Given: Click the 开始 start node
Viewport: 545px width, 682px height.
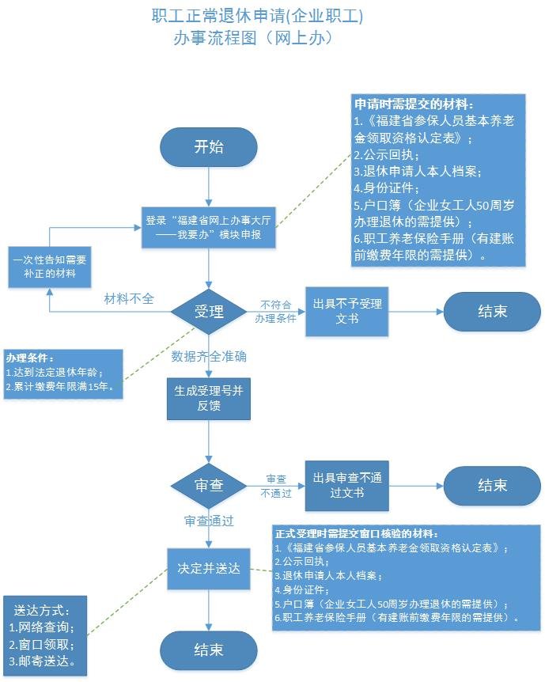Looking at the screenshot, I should click(x=208, y=146).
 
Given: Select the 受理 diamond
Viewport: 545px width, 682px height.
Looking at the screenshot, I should click(x=208, y=311).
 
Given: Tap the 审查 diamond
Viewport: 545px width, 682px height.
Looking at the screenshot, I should click(x=208, y=486).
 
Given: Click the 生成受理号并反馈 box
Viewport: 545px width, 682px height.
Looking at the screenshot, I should click(x=208, y=398).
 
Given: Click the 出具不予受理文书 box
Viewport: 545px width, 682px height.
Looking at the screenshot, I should click(x=347, y=311).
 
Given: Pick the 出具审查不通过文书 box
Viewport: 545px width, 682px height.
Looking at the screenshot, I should click(x=347, y=486).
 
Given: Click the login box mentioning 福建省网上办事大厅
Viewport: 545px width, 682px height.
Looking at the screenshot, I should click(x=208, y=228).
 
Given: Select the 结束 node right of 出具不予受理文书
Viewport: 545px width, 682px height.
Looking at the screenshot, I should click(x=492, y=311).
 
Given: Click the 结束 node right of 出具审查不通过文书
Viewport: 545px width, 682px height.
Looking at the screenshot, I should click(x=492, y=486).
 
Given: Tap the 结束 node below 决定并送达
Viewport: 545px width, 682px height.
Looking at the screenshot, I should click(x=208, y=650).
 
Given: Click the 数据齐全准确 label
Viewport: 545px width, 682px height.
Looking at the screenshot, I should click(x=209, y=356).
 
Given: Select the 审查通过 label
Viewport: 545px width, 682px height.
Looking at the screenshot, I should click(x=209, y=521).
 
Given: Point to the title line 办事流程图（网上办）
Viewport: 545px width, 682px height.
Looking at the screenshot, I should click(x=251, y=37).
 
